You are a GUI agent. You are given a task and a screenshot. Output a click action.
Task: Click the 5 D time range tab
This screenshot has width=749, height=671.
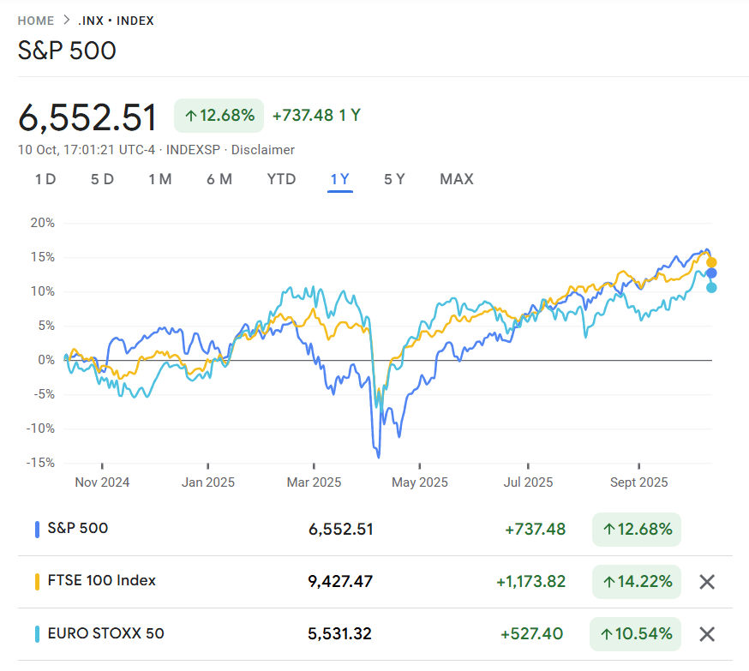[102, 179]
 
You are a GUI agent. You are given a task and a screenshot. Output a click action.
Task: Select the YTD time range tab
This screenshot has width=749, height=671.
[281, 179]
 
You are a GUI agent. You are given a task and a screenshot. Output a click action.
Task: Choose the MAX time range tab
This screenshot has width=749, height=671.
[456, 179]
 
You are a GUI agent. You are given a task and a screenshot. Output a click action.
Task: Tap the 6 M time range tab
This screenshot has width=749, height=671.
[219, 179]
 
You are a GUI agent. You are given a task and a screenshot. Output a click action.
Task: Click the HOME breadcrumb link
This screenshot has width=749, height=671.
[35, 21]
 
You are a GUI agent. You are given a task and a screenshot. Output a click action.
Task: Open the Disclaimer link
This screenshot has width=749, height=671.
[262, 150]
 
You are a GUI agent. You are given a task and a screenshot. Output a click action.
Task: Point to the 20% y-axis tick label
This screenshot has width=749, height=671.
[42, 223]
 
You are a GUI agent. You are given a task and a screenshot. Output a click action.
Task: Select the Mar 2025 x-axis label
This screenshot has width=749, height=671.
[314, 482]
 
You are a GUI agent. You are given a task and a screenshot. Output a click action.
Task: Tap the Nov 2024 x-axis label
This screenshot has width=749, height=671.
[102, 482]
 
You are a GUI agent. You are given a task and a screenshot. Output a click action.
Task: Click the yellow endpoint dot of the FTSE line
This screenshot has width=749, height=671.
[711, 262]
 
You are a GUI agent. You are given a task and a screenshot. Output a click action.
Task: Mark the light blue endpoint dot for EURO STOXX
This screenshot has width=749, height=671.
[711, 288]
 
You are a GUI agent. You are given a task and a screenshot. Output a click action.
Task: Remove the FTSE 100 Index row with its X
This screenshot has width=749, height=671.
[707, 582]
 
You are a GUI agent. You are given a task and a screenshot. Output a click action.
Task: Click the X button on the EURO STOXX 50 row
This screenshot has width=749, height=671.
[707, 634]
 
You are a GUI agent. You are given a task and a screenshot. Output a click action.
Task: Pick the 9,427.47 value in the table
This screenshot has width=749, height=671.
[340, 582]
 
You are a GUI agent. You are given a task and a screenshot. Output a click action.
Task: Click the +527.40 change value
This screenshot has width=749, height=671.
[531, 634]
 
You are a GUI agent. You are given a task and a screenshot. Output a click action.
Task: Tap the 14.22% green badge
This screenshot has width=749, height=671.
[637, 582]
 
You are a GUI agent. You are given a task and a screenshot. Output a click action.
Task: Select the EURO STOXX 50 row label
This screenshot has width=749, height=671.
[105, 634]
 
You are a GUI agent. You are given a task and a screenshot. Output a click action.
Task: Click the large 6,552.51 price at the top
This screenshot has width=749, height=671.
[88, 117]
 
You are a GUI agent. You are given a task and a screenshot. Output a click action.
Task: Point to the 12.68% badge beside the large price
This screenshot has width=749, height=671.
[219, 116]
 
